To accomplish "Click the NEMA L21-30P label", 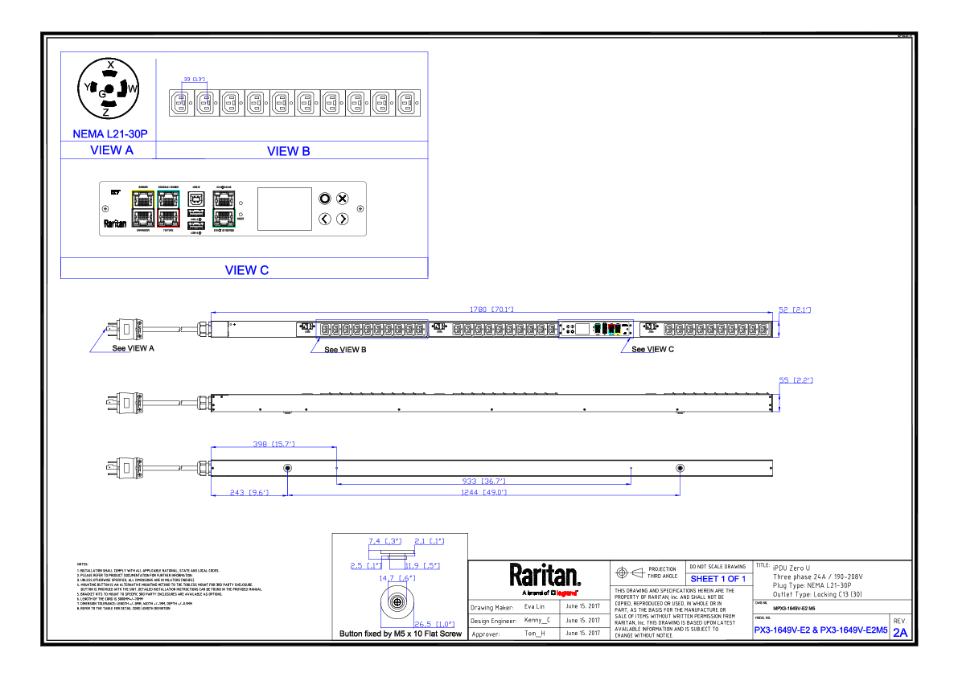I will pyautogui.click(x=110, y=134).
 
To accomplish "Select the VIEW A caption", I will pyautogui.click(x=112, y=150).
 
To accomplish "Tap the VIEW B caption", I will pyautogui.click(x=289, y=152).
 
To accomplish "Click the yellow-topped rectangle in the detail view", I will pyautogui.click(x=143, y=208).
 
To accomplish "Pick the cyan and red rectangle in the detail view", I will pyautogui.click(x=168, y=208).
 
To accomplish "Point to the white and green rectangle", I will pyautogui.click(x=224, y=208).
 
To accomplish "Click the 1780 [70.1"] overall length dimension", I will pyautogui.click(x=491, y=310).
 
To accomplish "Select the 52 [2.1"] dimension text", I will pyautogui.click(x=794, y=310).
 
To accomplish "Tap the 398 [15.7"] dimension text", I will pyautogui.click(x=273, y=445).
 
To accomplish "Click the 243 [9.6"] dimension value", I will pyautogui.click(x=249, y=492).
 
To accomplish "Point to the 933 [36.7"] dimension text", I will pyautogui.click(x=483, y=481).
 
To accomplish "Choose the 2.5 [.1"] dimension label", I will pyautogui.click(x=366, y=566).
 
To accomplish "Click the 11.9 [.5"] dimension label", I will pyautogui.click(x=422, y=566).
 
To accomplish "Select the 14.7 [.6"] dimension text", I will pyautogui.click(x=397, y=578).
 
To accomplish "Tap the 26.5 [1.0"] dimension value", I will pyautogui.click(x=434, y=624).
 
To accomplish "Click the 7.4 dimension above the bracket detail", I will pyautogui.click(x=384, y=542).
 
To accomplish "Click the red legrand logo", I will pyautogui.click(x=566, y=593).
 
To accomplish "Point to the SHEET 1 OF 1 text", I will pyautogui.click(x=717, y=579).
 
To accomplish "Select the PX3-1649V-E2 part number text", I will pyautogui.click(x=820, y=631).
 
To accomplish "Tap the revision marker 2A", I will pyautogui.click(x=900, y=633).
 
